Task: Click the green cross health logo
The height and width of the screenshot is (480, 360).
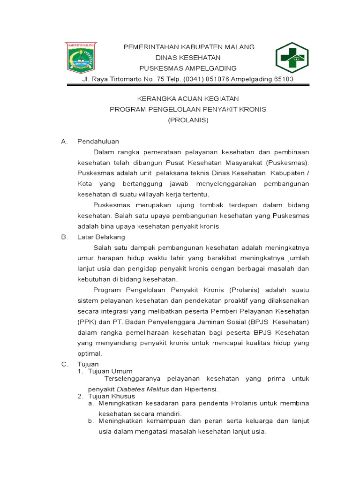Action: (292, 58)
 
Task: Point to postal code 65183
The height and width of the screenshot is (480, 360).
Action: (283, 79)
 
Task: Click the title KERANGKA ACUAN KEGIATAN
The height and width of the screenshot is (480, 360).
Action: (188, 98)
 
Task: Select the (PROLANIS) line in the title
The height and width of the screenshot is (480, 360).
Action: (188, 120)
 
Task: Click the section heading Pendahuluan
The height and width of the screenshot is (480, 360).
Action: (98, 141)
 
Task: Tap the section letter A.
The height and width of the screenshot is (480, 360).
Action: (64, 141)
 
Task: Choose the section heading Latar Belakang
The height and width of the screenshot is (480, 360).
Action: (101, 237)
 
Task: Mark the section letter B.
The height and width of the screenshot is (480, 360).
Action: (64, 237)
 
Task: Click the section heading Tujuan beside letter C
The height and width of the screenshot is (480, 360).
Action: (88, 364)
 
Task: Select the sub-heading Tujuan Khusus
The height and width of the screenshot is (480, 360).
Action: (112, 396)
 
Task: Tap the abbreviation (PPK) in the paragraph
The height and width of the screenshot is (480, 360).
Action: (86, 322)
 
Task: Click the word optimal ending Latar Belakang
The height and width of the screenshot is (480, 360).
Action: (89, 353)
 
